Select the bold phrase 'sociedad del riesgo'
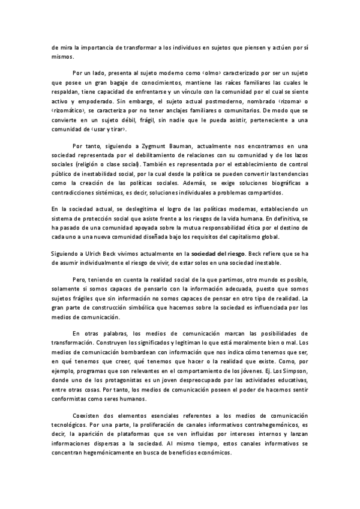pyautogui.click(x=218, y=254)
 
